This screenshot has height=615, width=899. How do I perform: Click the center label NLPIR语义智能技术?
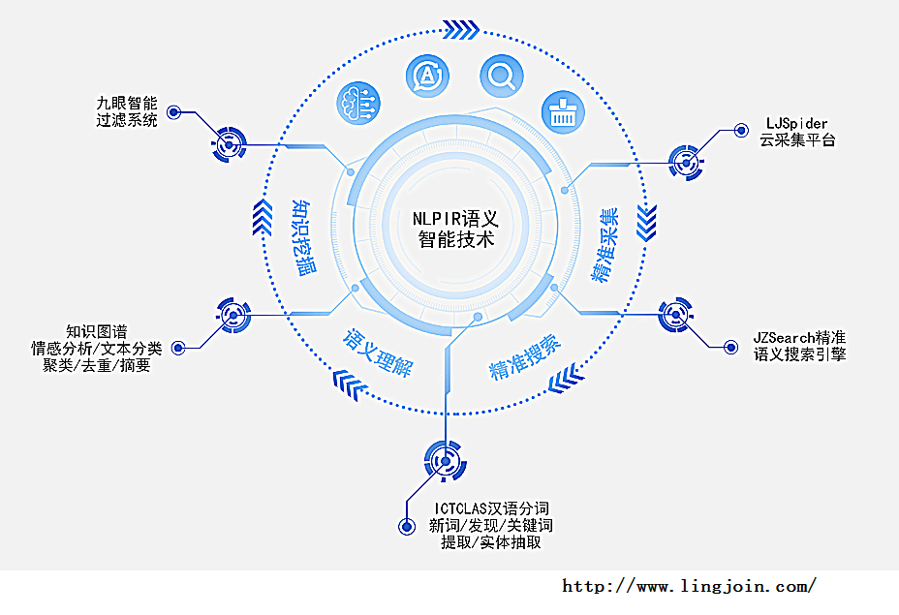(x=455, y=229)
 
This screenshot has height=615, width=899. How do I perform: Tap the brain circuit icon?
(x=357, y=104)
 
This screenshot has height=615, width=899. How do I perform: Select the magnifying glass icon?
(x=502, y=75)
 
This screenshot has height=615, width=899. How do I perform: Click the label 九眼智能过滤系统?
(x=126, y=111)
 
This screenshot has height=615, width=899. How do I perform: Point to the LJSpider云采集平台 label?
(x=797, y=132)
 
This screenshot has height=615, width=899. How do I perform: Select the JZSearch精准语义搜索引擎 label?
(x=800, y=346)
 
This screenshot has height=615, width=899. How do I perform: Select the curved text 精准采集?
(x=605, y=245)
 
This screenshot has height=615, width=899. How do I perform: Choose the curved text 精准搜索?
(x=524, y=356)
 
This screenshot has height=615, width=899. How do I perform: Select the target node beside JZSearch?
(x=676, y=317)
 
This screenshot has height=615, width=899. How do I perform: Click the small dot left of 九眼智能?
(x=174, y=112)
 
